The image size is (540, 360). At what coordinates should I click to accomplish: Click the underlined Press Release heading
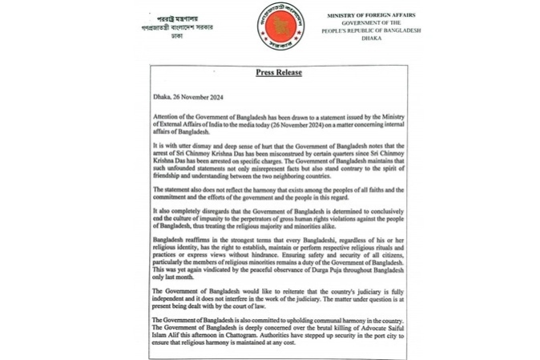click(278, 72)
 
